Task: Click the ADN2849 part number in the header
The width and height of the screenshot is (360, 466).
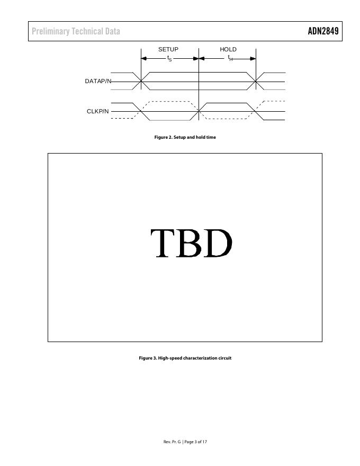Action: [322, 31]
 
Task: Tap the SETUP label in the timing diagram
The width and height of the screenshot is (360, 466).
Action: [168, 49]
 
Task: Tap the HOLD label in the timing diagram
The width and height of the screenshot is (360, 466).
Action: [228, 49]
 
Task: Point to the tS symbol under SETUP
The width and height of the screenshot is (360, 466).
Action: [169, 58]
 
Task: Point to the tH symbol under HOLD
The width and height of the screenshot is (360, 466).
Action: [230, 58]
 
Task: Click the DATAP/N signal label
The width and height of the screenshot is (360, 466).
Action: [98, 81]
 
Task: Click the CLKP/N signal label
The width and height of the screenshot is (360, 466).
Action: [98, 111]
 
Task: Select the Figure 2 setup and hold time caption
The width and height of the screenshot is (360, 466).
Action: [185, 137]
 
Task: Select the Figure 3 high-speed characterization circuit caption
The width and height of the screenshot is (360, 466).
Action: [185, 358]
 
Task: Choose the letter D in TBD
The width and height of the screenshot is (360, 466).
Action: [218, 243]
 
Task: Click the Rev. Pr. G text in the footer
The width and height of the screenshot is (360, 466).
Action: [172, 442]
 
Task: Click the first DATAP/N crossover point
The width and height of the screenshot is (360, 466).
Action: [141, 81]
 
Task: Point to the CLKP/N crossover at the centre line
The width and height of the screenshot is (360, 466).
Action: [199, 111]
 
